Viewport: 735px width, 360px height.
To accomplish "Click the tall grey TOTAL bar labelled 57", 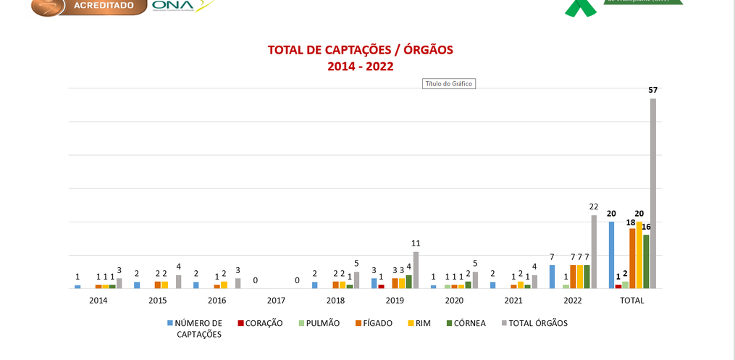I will [652, 193].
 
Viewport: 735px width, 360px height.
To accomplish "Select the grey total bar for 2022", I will [594, 251].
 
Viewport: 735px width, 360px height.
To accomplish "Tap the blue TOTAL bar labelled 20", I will [611, 255].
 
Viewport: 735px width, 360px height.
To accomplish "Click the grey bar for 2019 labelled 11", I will [416, 269].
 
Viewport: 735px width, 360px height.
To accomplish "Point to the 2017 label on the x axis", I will [276, 300].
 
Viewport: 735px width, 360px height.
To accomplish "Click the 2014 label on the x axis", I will [98, 300].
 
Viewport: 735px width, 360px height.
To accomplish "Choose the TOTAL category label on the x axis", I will [632, 300].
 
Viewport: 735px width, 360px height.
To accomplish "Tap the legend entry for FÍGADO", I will [377, 323].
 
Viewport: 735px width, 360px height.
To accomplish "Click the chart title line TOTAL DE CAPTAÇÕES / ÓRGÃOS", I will [361, 50].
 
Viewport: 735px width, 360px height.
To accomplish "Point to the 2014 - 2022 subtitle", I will [361, 67].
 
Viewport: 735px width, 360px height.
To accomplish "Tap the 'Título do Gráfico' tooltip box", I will [448, 84].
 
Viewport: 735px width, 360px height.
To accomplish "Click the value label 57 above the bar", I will [652, 90].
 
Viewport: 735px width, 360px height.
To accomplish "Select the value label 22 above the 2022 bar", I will [594, 207].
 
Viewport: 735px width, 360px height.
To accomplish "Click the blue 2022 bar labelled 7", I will [552, 277].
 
